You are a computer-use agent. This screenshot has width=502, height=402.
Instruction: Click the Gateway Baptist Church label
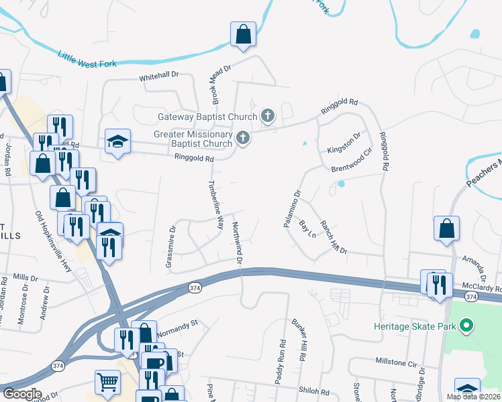[207, 117]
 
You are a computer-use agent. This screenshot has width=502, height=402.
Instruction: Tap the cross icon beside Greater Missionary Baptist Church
[242, 138]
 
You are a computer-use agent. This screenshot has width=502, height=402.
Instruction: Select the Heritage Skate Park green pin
[464, 327]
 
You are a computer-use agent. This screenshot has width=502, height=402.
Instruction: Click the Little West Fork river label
[87, 59]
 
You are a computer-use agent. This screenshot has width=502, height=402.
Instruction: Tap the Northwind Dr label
[237, 241]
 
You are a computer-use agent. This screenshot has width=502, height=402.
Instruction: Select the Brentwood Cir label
[351, 160]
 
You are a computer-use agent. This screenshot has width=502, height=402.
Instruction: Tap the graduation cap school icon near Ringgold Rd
[117, 141]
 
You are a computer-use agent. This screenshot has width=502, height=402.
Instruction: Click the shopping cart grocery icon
[107, 382]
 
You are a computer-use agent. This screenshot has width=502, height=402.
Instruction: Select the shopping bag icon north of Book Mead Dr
[243, 33]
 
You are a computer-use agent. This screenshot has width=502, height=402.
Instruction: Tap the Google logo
[23, 394]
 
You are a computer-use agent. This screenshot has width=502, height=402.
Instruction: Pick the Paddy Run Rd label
[281, 362]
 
